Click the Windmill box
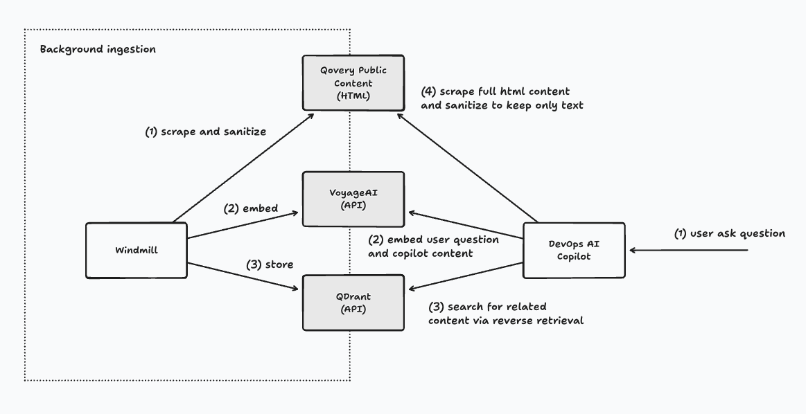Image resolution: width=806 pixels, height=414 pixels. (x=136, y=251)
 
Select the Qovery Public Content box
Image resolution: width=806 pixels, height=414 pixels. (x=353, y=82)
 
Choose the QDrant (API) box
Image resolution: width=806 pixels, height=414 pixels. (x=353, y=303)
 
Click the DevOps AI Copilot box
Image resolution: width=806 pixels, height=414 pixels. (x=574, y=251)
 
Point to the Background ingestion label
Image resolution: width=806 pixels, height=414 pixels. (x=98, y=50)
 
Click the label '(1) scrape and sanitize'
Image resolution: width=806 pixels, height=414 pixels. (x=205, y=132)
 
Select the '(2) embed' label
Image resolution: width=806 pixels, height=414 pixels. (x=250, y=208)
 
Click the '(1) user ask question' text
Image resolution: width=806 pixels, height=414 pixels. (x=729, y=233)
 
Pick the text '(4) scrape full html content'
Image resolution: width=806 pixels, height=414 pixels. (x=495, y=91)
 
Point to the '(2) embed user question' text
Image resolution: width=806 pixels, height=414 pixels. (x=433, y=240)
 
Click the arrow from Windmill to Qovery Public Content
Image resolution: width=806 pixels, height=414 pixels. (x=239, y=169)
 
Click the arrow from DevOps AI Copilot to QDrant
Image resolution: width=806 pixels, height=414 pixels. (x=466, y=276)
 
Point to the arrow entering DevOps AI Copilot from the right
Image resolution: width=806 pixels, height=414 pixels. (x=690, y=251)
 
